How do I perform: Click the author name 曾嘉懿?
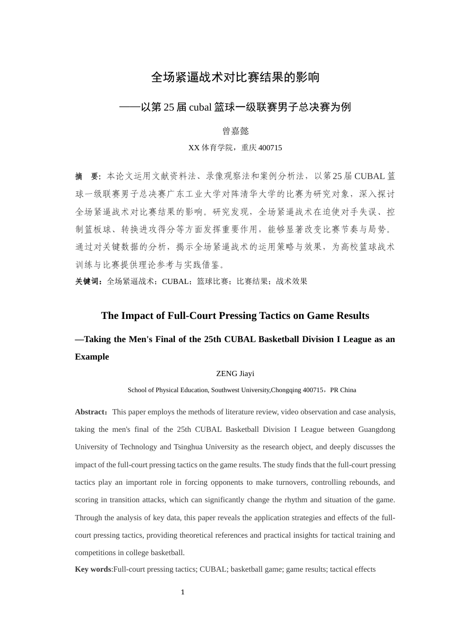(235, 131)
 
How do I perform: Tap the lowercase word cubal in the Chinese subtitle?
(200, 107)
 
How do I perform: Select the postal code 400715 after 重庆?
(270, 148)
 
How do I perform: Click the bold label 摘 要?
(87, 176)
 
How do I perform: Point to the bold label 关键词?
(88, 282)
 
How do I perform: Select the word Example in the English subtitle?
(92, 357)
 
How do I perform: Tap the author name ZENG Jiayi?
(235, 374)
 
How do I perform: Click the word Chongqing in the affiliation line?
(286, 390)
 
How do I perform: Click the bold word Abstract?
(90, 412)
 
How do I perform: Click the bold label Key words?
(93, 569)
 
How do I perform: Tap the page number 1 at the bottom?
(182, 592)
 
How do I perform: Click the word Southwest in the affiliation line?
(227, 390)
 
